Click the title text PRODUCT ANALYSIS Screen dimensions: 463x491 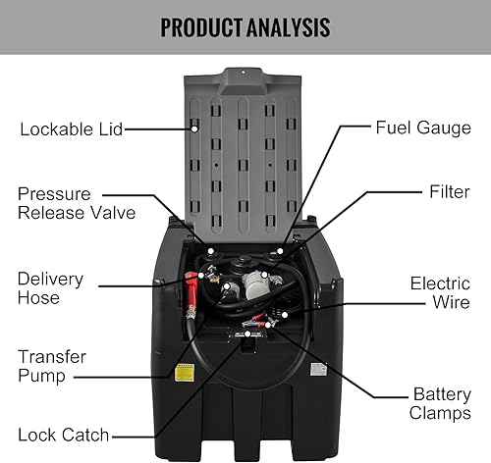(x=245, y=26)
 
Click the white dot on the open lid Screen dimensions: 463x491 (x=194, y=128)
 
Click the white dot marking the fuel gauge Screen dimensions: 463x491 (x=281, y=252)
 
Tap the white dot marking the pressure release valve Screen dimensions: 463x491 (x=209, y=251)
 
